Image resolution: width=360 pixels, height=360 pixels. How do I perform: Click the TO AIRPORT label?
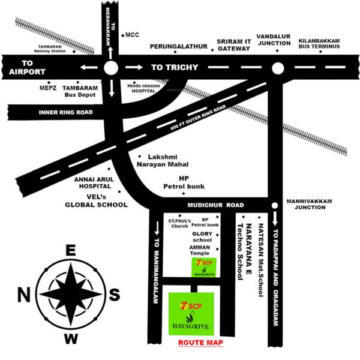tap(26, 67)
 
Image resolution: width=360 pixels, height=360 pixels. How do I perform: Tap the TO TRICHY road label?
tap(174, 67)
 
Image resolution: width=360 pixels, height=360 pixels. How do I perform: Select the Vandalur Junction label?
tap(272, 40)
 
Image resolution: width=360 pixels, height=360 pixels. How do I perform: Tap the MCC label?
tap(132, 35)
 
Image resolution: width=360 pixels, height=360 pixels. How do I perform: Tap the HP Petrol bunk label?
tap(184, 183)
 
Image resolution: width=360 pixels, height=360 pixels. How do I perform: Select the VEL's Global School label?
tap(96, 201)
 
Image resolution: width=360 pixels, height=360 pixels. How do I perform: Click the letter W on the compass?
tap(71, 340)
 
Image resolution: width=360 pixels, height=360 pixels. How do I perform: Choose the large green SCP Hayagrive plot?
tap(191, 314)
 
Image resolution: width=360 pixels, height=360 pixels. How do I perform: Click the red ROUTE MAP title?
tap(200, 343)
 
